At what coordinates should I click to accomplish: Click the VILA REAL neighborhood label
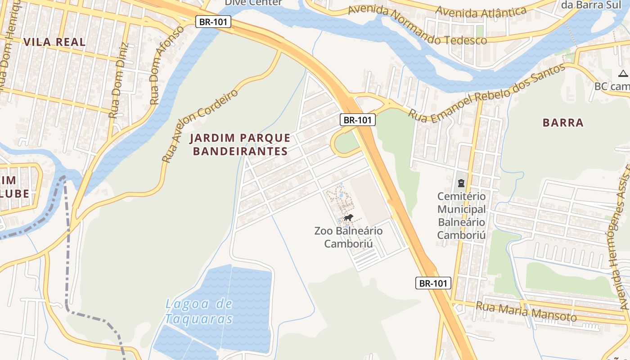pyautogui.click(x=54, y=42)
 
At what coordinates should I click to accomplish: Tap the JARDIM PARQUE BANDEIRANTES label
pyautogui.click(x=240, y=144)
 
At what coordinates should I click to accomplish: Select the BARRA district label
pyautogui.click(x=562, y=123)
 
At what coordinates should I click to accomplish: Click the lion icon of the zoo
pyautogui.click(x=348, y=218)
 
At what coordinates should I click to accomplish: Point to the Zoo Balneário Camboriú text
pyautogui.click(x=348, y=237)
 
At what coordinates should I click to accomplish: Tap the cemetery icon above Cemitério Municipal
pyautogui.click(x=461, y=183)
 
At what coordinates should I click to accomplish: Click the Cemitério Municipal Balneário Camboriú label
pyautogui.click(x=461, y=216)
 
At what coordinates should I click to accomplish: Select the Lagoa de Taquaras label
pyautogui.click(x=199, y=311)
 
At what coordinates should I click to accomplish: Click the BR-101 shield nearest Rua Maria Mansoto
pyautogui.click(x=432, y=283)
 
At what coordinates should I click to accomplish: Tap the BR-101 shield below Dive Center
pyautogui.click(x=213, y=22)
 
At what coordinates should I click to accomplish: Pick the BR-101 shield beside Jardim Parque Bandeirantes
pyautogui.click(x=357, y=120)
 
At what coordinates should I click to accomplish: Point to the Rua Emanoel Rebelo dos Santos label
pyautogui.click(x=486, y=94)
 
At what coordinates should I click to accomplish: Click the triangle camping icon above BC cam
pyautogui.click(x=623, y=74)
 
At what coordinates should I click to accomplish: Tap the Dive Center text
pyautogui.click(x=253, y=3)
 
